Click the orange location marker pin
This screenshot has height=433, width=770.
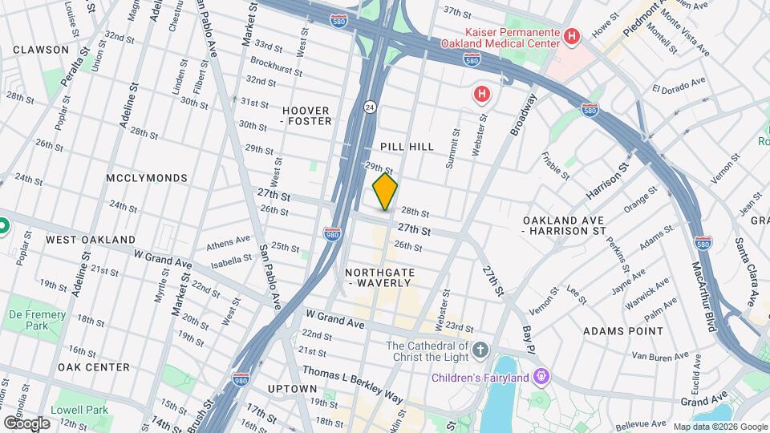pyautogui.click(x=385, y=192)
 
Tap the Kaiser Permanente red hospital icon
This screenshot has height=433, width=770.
pyautogui.click(x=572, y=36)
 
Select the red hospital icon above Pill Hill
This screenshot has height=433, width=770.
pyautogui.click(x=481, y=95)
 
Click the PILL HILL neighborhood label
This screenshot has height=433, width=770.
pyautogui.click(x=407, y=147)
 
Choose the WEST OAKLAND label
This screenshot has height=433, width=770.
pyautogui.click(x=91, y=240)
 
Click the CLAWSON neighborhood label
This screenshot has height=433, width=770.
pyautogui.click(x=41, y=50)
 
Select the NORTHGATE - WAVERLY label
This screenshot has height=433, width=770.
pyautogui.click(x=379, y=277)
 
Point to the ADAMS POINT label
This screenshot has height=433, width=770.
pyautogui.click(x=623, y=330)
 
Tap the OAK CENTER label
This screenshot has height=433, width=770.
pyautogui.click(x=93, y=367)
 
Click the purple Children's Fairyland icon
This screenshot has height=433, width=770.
pyautogui.click(x=542, y=376)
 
